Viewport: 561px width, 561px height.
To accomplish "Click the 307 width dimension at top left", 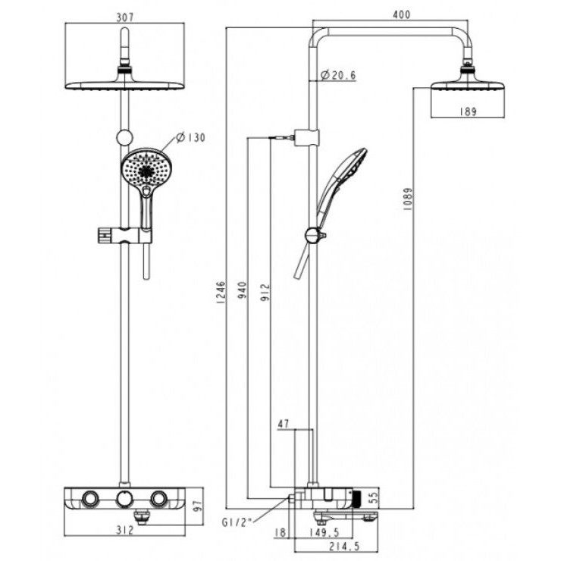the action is point(125,17).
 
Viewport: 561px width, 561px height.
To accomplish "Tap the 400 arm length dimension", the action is point(402,14).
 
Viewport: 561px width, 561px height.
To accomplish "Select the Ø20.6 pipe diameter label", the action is point(338,76).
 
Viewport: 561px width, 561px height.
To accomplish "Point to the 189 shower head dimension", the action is point(468,111).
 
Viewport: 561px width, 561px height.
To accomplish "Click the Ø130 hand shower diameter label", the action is point(191,137).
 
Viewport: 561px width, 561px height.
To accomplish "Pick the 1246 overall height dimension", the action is point(222,293).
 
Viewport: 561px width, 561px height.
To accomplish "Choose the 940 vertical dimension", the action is point(243,290).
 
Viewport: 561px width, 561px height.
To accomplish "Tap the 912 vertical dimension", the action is point(265,293).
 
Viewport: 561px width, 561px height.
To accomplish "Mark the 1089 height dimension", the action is point(408,198).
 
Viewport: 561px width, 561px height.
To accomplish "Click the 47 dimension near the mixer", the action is point(284,424).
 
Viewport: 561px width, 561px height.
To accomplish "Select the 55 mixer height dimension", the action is point(373,497).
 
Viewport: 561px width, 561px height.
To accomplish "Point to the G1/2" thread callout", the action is point(237,523).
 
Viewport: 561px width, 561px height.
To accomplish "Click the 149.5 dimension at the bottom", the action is point(324,532).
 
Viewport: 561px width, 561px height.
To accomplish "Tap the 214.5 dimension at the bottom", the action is point(345,547).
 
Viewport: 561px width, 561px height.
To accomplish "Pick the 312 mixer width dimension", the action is point(125,530).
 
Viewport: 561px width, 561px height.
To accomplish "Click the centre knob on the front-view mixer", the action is point(124,499).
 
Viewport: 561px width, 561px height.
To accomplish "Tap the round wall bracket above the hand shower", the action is point(124,138).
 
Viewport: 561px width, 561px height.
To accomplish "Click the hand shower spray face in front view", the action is point(146,168).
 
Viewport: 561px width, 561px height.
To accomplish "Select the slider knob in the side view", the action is point(313,236).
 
